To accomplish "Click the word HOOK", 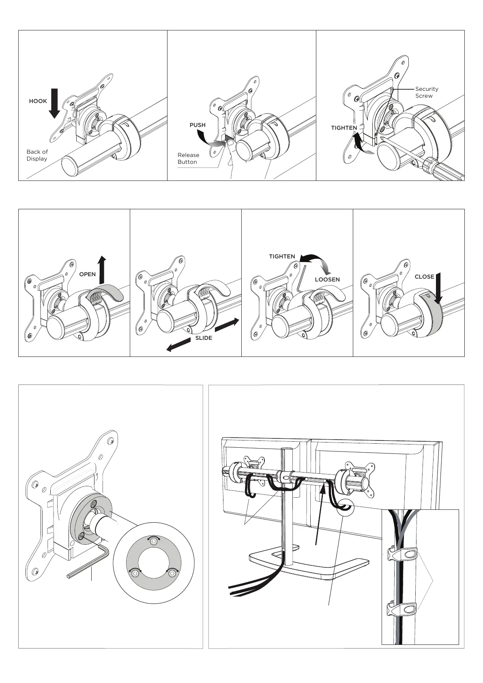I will (38, 101).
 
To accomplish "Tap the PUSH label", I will (197, 125).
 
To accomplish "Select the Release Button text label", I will (188, 158).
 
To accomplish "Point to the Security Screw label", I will (427, 92).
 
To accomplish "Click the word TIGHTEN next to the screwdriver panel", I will (344, 128).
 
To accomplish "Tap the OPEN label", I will (87, 274).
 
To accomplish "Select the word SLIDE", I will (204, 338).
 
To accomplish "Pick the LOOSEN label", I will (327, 279).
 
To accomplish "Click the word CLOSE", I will (424, 277).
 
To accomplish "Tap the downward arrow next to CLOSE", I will (438, 288).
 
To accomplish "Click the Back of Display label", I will (37, 155).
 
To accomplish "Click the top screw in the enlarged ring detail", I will (153, 541).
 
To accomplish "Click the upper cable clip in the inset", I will (404, 554).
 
